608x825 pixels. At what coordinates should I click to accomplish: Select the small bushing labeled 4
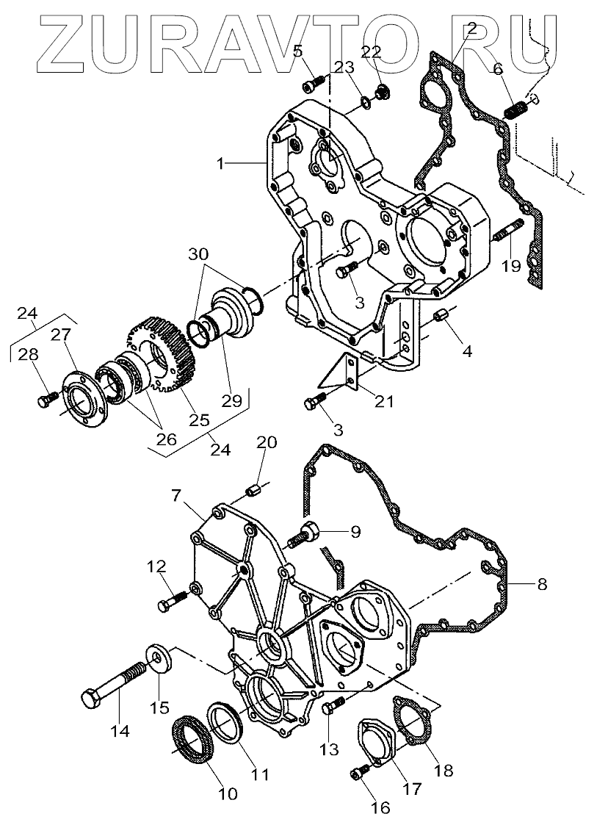442,317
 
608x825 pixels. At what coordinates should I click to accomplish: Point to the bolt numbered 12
170,603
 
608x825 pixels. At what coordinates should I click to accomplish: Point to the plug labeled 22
381,93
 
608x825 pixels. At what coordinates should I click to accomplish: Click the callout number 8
542,585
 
